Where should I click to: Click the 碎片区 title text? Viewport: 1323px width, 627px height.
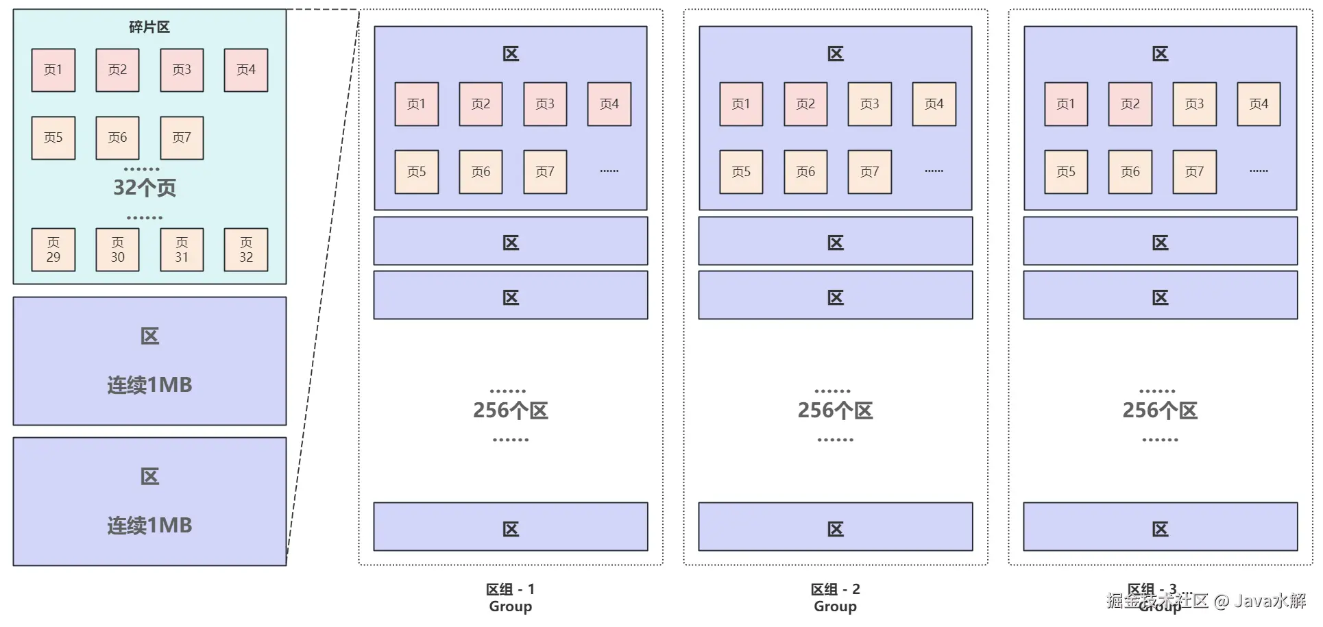tap(149, 27)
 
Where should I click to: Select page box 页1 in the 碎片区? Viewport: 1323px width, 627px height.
tap(53, 70)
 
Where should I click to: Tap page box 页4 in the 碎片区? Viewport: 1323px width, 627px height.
tap(246, 70)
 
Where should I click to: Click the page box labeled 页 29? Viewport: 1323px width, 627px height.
tap(53, 250)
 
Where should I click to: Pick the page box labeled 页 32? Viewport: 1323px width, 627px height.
tap(246, 250)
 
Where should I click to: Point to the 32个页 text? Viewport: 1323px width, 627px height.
tap(145, 188)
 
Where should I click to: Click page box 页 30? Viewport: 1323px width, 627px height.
tap(118, 250)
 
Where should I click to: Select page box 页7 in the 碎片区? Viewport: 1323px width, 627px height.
tap(182, 138)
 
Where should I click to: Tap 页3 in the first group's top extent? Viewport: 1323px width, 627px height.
tap(545, 104)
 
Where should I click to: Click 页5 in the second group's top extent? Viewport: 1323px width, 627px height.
tap(741, 172)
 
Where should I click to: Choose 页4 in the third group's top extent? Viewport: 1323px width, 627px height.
tap(1259, 104)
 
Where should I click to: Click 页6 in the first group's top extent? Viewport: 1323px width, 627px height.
tap(481, 172)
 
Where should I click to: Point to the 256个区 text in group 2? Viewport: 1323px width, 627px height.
tap(835, 410)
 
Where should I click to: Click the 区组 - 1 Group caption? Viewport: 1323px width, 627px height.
tap(510, 598)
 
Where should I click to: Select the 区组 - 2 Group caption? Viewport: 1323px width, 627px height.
tap(835, 598)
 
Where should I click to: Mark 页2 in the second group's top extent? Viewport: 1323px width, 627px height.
tap(805, 104)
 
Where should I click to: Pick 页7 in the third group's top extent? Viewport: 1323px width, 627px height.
tap(1194, 172)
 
